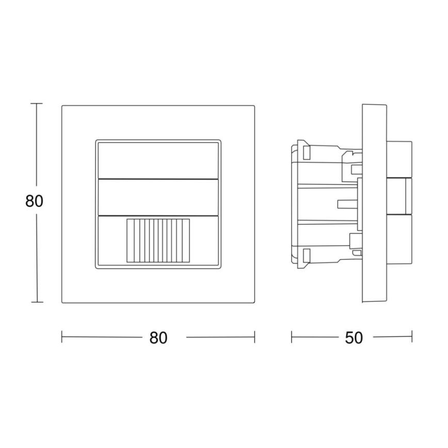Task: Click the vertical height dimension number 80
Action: (34, 201)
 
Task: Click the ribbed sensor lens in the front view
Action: (158, 241)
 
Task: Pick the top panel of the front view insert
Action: (158, 159)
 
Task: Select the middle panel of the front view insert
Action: (158, 197)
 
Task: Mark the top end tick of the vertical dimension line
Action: (36, 104)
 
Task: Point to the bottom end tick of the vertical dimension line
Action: (36, 302)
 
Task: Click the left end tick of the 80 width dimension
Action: (62, 338)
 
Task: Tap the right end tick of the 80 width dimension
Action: (254, 338)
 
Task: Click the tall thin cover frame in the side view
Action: (374, 203)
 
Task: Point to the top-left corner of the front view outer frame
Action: (62, 106)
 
